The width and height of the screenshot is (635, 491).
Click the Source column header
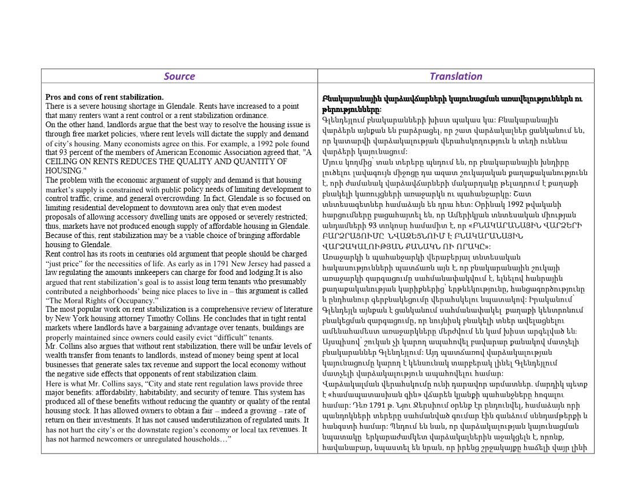tap(179, 76)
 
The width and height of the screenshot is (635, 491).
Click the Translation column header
tap(455, 76)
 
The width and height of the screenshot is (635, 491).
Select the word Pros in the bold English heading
tap(54, 97)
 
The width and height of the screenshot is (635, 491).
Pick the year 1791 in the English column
tap(199, 263)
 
